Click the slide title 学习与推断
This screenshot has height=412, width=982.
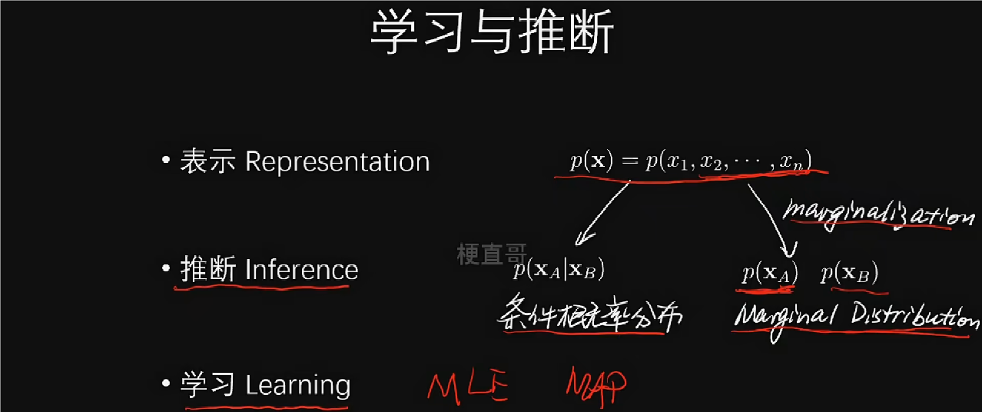coord(492,32)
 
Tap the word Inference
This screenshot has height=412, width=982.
coord(302,269)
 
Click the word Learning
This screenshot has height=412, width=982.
coord(297,385)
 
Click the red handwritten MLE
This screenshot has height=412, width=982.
coord(467,386)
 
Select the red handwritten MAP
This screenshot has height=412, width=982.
coord(596,386)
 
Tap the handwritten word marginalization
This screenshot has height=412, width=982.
coord(879,215)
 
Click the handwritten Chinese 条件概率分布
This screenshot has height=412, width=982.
coord(589,314)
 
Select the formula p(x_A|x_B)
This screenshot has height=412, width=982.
coord(559,269)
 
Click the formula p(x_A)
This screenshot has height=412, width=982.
coord(770,273)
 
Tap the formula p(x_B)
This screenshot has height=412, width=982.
coord(850,273)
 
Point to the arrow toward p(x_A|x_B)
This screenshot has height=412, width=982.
coord(602,214)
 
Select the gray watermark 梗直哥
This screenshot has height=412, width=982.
coord(492,254)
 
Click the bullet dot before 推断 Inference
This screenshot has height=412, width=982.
coord(166,267)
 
